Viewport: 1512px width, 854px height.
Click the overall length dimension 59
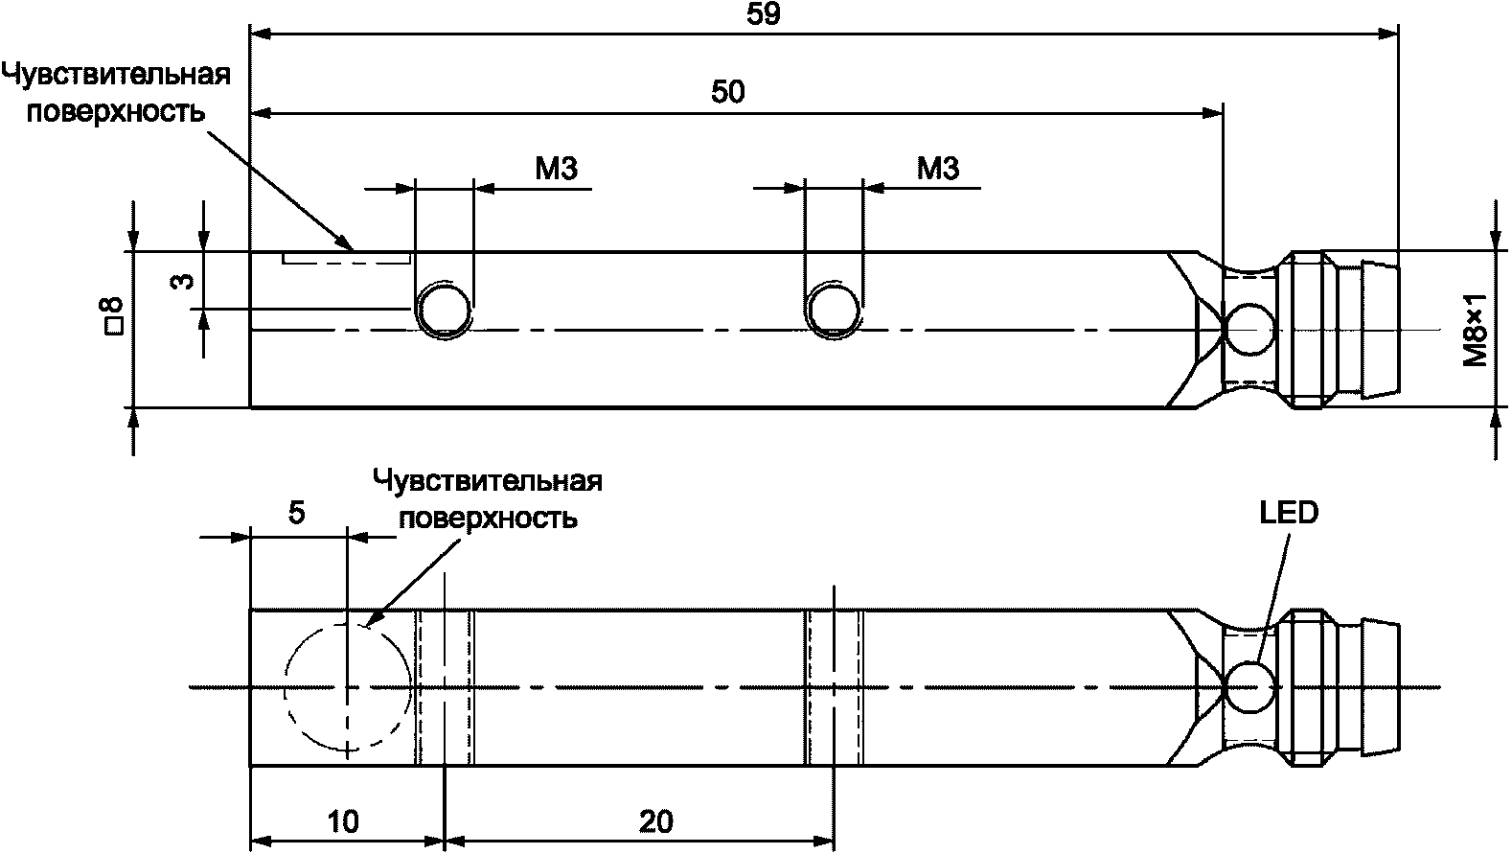[769, 14]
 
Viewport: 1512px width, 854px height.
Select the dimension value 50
[728, 92]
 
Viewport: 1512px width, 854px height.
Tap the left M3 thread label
[557, 169]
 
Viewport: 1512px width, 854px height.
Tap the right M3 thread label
[938, 169]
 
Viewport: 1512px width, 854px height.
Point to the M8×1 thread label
[1475, 331]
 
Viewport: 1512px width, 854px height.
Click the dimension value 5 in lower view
[296, 514]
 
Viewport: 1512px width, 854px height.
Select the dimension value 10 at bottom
[342, 821]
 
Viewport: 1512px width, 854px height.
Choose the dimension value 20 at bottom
[655, 821]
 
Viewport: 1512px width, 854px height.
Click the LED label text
[1288, 514]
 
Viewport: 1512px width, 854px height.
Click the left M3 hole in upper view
[443, 307]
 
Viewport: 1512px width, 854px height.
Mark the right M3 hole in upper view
[834, 307]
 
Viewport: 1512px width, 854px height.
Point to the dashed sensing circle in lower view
[347, 687]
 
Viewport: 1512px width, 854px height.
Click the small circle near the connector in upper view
[1249, 329]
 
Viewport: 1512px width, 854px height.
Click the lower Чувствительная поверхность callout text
[488, 498]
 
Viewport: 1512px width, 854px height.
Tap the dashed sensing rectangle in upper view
[346, 258]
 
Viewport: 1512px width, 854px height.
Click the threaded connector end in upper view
[1340, 330]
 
